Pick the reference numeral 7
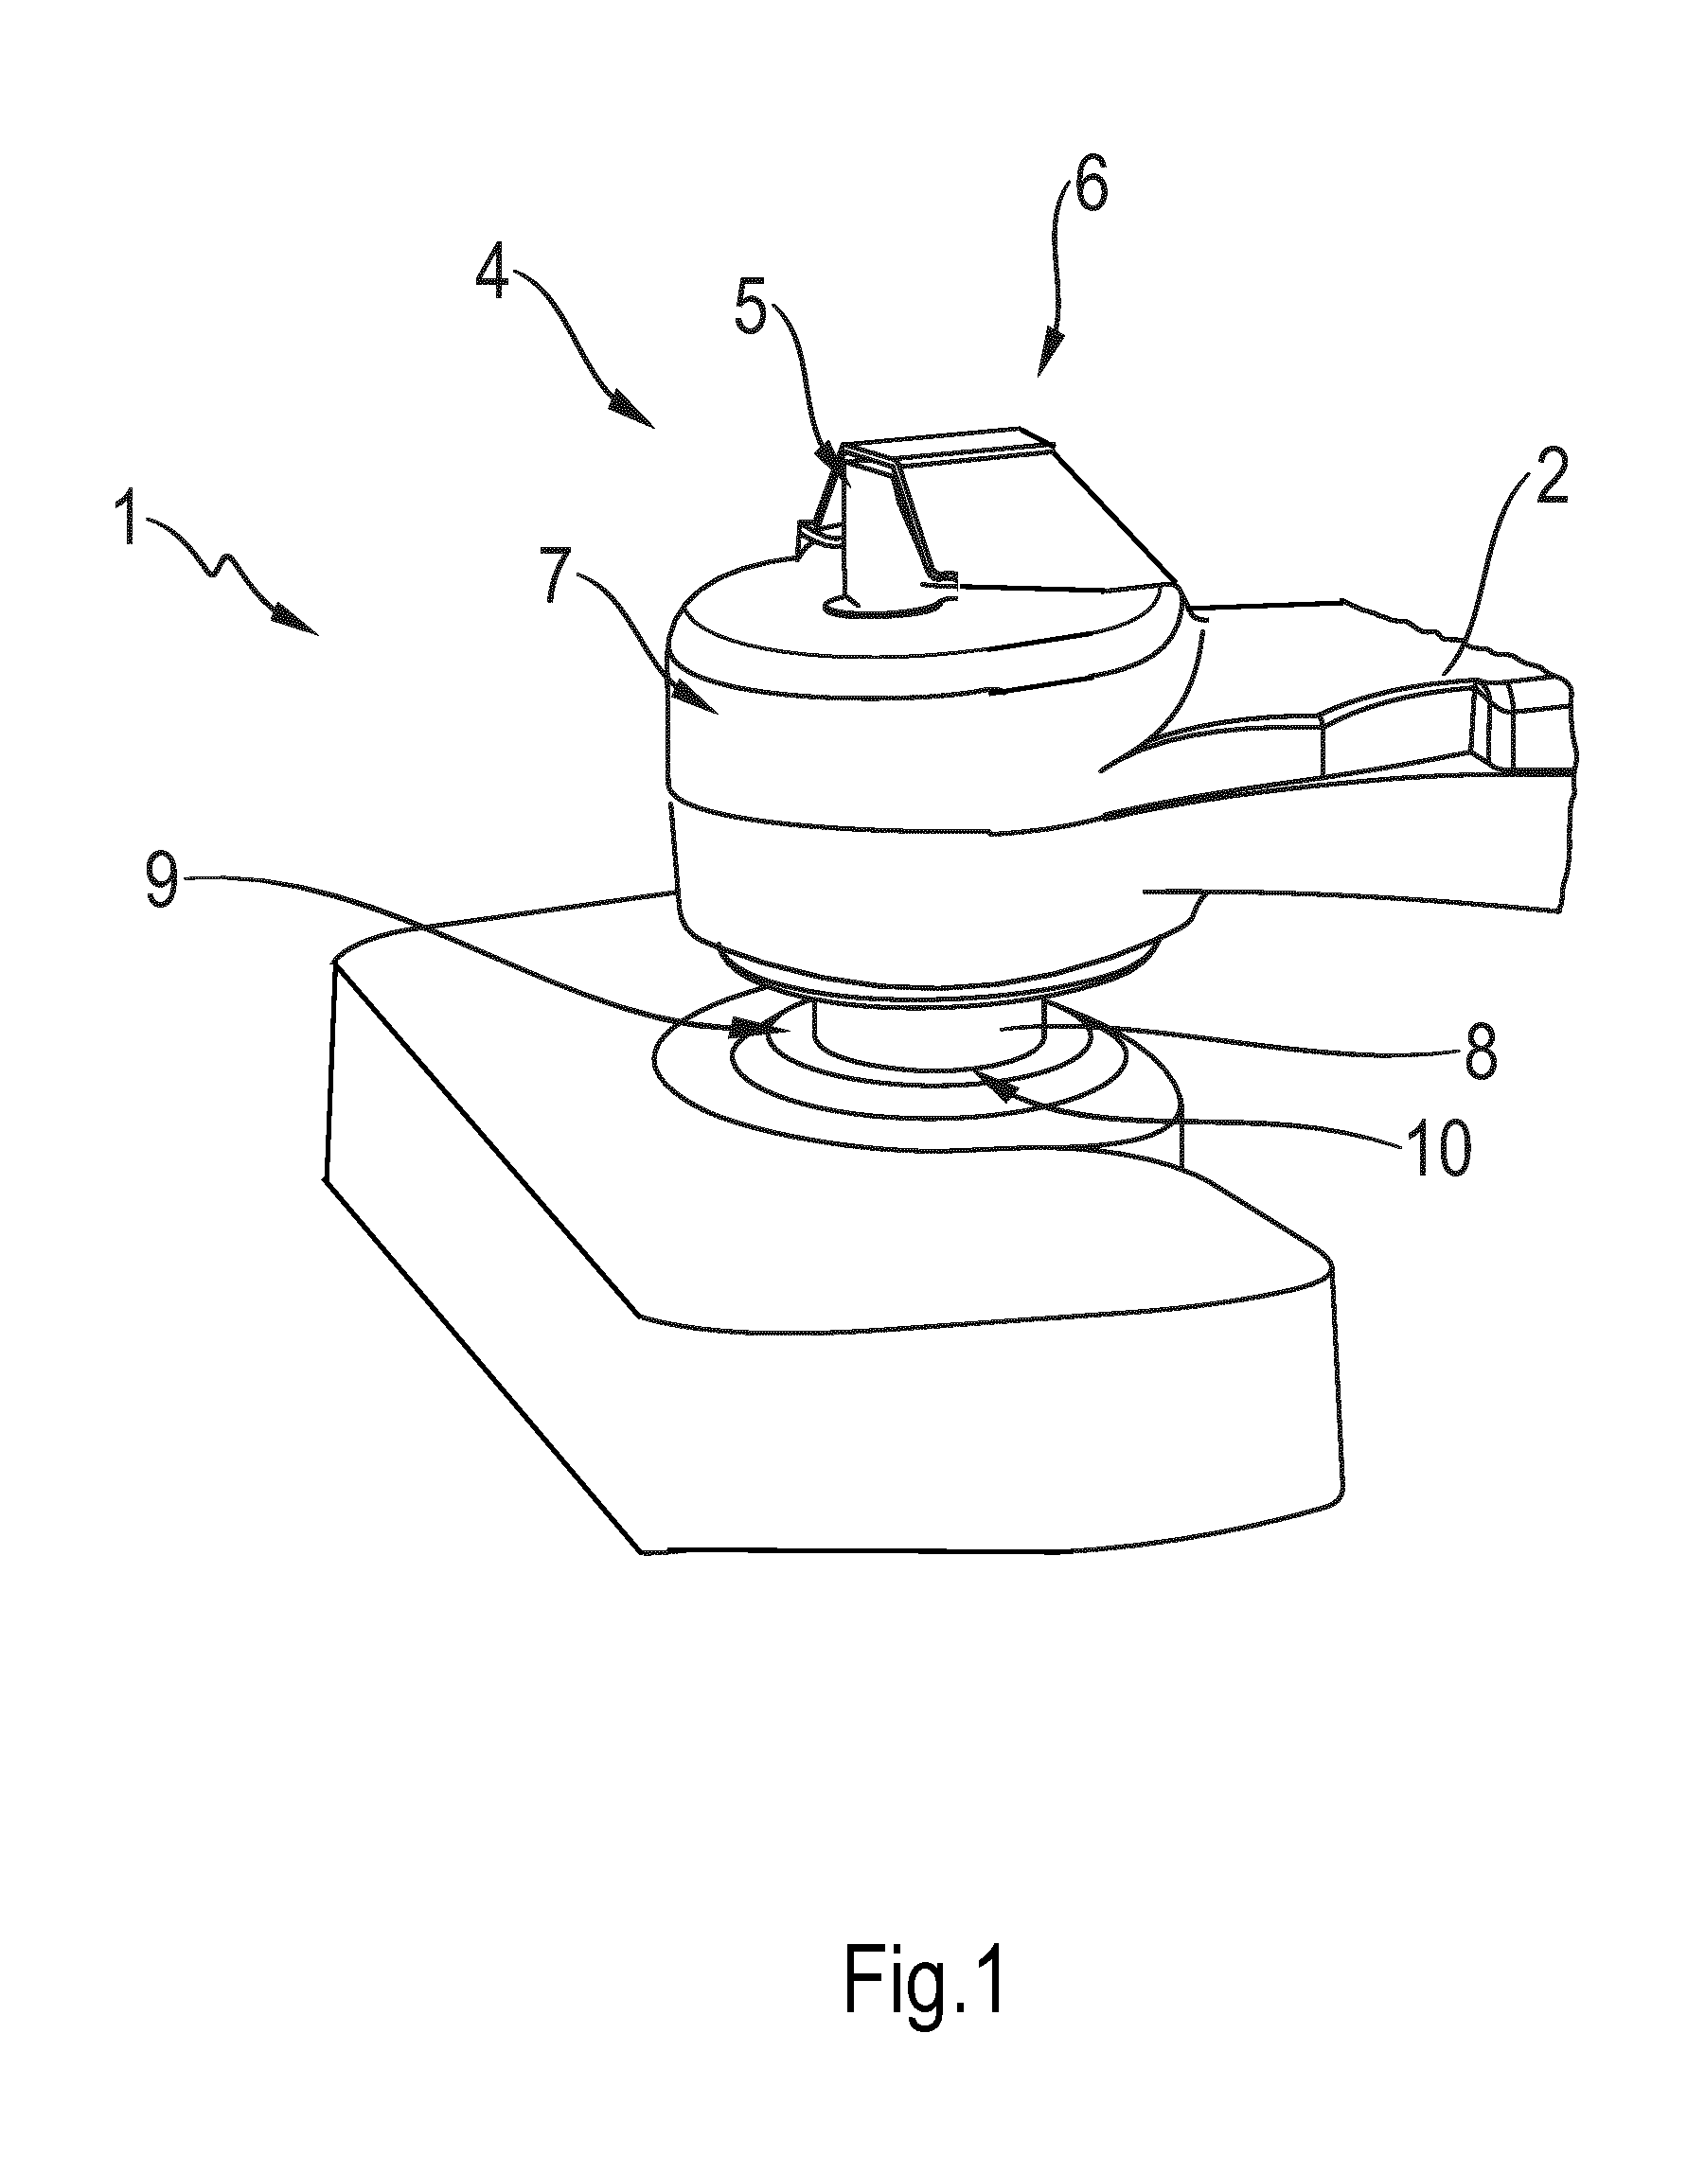coord(563,577)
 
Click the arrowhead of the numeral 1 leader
coord(297,622)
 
